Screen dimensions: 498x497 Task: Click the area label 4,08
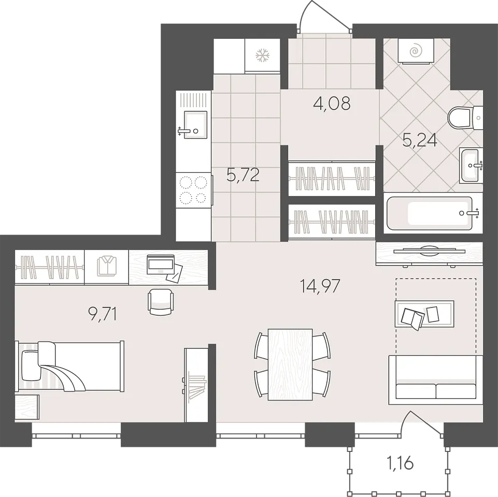[x=332, y=104]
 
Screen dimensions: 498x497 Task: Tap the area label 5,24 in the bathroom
[x=420, y=140]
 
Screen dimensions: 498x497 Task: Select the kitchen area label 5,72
[x=243, y=175]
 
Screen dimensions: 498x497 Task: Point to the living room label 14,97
[x=320, y=286]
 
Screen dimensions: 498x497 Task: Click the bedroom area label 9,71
[x=102, y=314]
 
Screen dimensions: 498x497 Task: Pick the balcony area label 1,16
[x=400, y=463]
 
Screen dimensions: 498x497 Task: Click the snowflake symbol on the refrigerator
[x=263, y=55]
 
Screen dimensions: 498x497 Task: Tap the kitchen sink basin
[x=196, y=125]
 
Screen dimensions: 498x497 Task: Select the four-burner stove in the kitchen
[x=193, y=190]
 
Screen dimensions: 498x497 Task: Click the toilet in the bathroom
[x=465, y=118]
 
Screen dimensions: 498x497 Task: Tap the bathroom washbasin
[x=471, y=165]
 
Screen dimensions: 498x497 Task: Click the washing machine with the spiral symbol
[x=416, y=51]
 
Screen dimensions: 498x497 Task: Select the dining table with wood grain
[x=290, y=364]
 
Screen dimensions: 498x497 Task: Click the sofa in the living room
[x=435, y=380]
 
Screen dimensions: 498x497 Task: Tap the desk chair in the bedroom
[x=161, y=302]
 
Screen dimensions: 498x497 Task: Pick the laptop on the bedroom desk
[x=161, y=264]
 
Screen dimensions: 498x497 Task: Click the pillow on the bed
[x=31, y=365]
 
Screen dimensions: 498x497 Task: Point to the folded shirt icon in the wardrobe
[x=107, y=267]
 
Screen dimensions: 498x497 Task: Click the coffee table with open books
[x=424, y=314]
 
